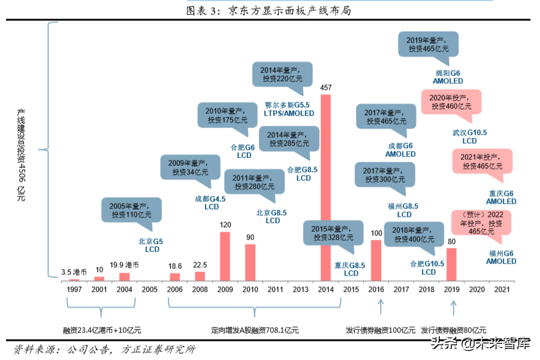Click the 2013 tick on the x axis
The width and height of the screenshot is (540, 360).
click(301, 290)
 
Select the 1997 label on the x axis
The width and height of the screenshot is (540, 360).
click(74, 290)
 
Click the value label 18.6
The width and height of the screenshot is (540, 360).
click(174, 265)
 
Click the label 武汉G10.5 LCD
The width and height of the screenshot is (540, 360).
click(469, 137)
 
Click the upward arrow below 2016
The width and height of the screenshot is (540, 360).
click(380, 307)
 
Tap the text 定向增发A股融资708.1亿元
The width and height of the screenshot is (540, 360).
click(255, 330)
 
